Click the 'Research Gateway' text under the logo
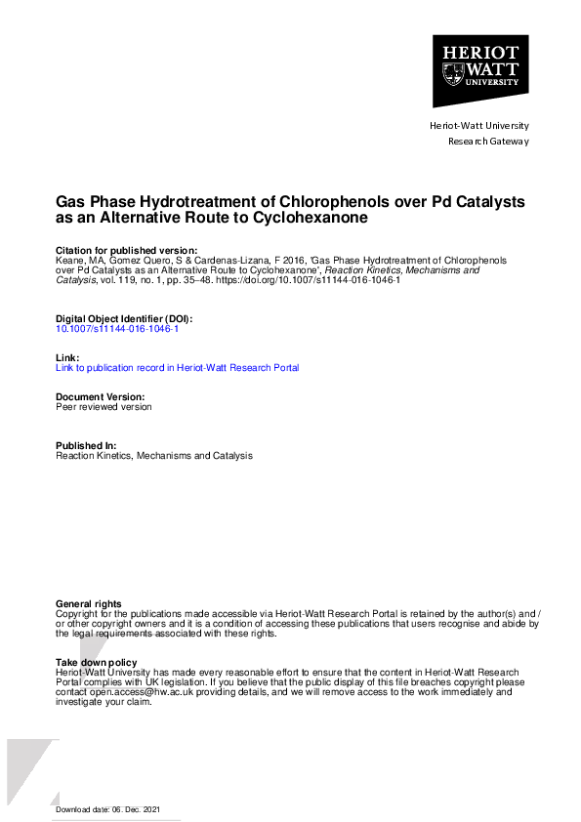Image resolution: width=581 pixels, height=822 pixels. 488,142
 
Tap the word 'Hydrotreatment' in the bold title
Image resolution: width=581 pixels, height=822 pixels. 187,202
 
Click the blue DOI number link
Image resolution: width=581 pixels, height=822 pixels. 117,329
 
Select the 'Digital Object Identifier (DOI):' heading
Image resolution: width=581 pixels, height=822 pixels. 124,319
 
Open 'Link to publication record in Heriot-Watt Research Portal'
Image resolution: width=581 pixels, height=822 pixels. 178,368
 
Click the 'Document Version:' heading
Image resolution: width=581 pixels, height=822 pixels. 101,397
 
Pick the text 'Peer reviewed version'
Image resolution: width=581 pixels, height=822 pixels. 104,407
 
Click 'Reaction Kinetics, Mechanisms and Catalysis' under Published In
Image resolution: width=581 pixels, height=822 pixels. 154,456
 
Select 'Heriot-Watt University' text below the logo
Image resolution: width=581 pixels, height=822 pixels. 479,126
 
